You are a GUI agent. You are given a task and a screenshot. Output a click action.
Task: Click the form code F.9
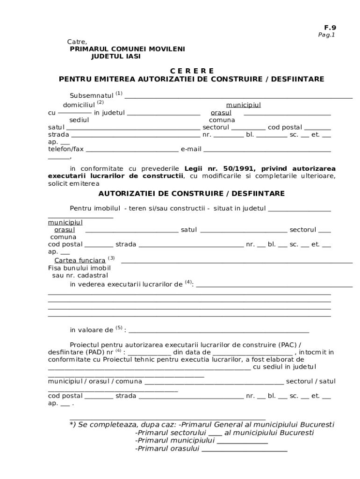331,28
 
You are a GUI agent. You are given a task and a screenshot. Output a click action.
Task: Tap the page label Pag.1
327,35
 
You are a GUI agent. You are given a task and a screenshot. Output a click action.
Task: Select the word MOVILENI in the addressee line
166,49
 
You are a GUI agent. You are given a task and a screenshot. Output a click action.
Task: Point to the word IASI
131,56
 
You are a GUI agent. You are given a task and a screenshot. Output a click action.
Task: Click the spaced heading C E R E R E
192,71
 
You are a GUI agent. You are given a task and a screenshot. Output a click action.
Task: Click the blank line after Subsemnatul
238,97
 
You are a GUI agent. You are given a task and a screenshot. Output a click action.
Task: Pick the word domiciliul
79,105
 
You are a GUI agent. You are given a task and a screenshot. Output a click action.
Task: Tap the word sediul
79,120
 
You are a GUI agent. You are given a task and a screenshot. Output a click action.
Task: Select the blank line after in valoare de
219,331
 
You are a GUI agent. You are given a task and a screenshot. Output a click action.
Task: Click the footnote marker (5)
119,327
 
